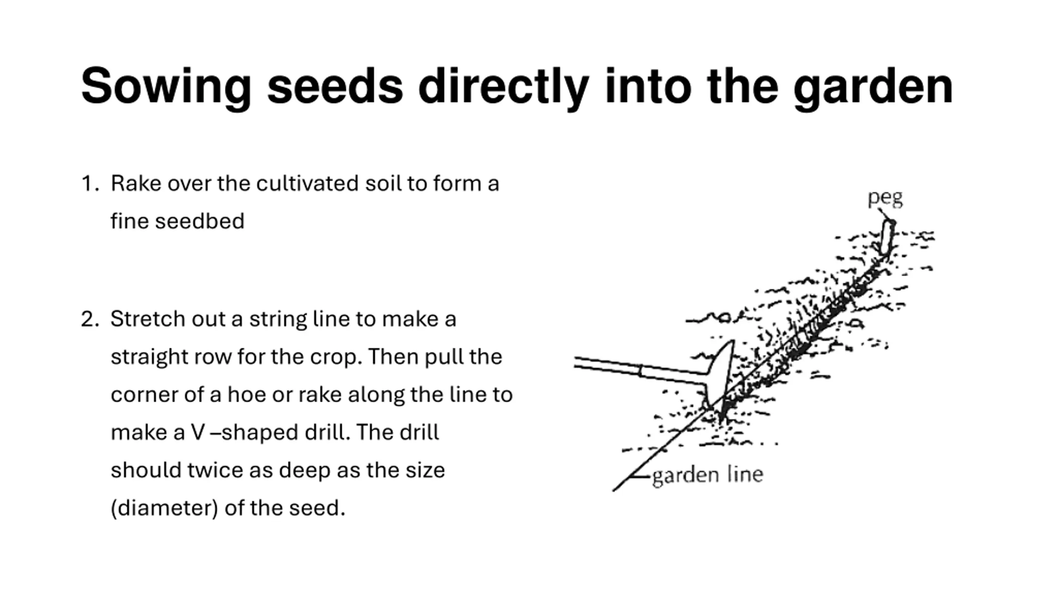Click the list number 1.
[x=89, y=183]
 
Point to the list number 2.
[x=90, y=319]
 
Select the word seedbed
[x=200, y=221]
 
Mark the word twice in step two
[x=214, y=470]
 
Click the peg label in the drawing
[x=885, y=198]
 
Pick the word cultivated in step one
[x=307, y=183]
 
